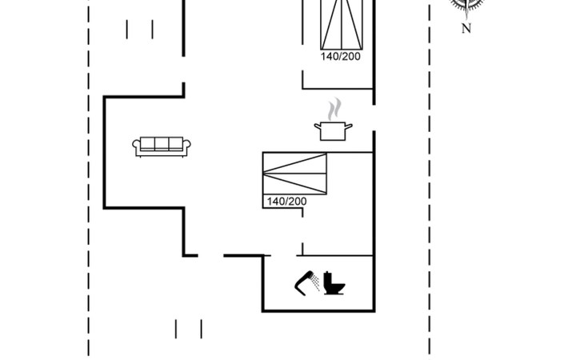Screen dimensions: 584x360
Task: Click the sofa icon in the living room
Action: pyautogui.click(x=162, y=146)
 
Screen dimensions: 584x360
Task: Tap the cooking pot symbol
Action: pyautogui.click(x=333, y=131)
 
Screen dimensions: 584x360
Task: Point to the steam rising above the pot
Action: pyautogui.click(x=334, y=109)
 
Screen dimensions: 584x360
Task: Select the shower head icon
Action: pyautogui.click(x=304, y=283)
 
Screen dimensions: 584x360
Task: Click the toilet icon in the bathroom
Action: pyautogui.click(x=334, y=283)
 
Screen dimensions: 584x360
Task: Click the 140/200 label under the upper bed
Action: pyautogui.click(x=341, y=57)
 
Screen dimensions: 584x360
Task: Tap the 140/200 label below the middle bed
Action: pyautogui.click(x=286, y=202)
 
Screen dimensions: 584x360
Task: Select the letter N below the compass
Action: pyautogui.click(x=466, y=28)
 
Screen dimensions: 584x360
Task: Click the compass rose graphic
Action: pyautogui.click(x=466, y=5)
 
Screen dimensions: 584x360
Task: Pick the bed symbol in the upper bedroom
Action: pyautogui.click(x=342, y=25)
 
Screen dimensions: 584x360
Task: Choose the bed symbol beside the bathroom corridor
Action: pyautogui.click(x=294, y=174)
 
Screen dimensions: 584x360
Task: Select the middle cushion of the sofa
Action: pyautogui.click(x=162, y=143)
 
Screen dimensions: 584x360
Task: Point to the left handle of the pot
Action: pyautogui.click(x=318, y=126)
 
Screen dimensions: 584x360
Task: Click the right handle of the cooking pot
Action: pyautogui.click(x=349, y=126)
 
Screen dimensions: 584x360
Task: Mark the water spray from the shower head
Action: pyautogui.click(x=315, y=282)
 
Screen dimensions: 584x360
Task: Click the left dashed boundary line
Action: pyautogui.click(x=89, y=180)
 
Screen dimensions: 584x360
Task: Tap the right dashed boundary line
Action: pyautogui.click(x=430, y=180)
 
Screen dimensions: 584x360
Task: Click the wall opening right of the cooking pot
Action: pyautogui.click(x=374, y=118)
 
